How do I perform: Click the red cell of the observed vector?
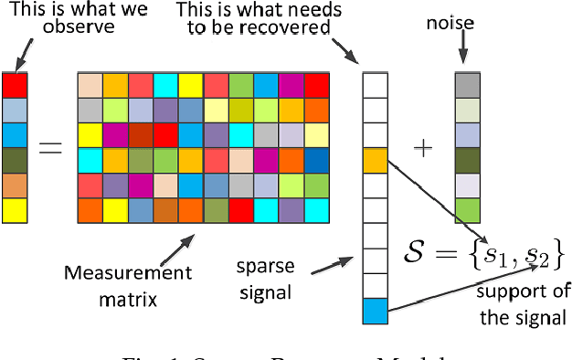coord(16,86)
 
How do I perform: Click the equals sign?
coord(50,147)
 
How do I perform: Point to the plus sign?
coord(423,148)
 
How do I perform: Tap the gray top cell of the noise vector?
coord(467,85)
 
